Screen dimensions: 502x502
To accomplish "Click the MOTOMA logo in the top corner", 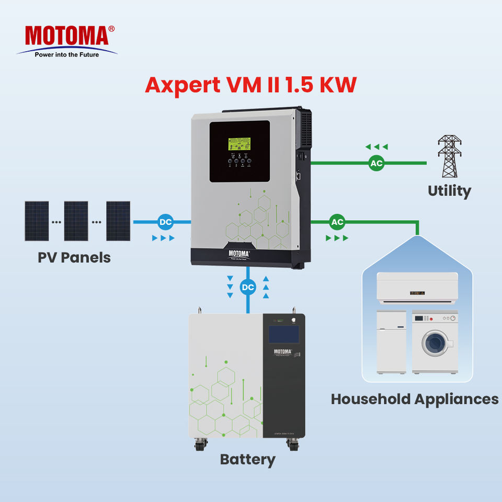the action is [x=66, y=36].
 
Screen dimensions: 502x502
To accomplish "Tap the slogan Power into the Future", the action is [x=66, y=54].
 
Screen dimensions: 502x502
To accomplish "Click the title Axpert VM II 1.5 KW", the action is [x=250, y=84].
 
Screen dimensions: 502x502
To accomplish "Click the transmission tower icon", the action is [x=449, y=156].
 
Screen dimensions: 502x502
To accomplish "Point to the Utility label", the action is [x=449, y=191].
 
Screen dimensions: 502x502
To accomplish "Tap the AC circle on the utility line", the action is [x=376, y=163].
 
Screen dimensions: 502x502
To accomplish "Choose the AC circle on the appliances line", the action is [x=337, y=222].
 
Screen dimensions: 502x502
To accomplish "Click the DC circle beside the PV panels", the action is [x=165, y=222].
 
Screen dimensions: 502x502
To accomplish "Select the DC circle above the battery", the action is [x=247, y=287].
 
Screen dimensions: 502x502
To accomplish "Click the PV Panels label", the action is [x=74, y=257].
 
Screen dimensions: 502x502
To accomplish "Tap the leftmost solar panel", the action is [x=37, y=221].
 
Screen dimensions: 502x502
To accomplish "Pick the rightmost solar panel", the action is [x=118, y=221].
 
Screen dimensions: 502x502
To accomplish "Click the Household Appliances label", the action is [x=414, y=399].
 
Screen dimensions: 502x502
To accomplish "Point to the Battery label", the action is [x=247, y=460].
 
